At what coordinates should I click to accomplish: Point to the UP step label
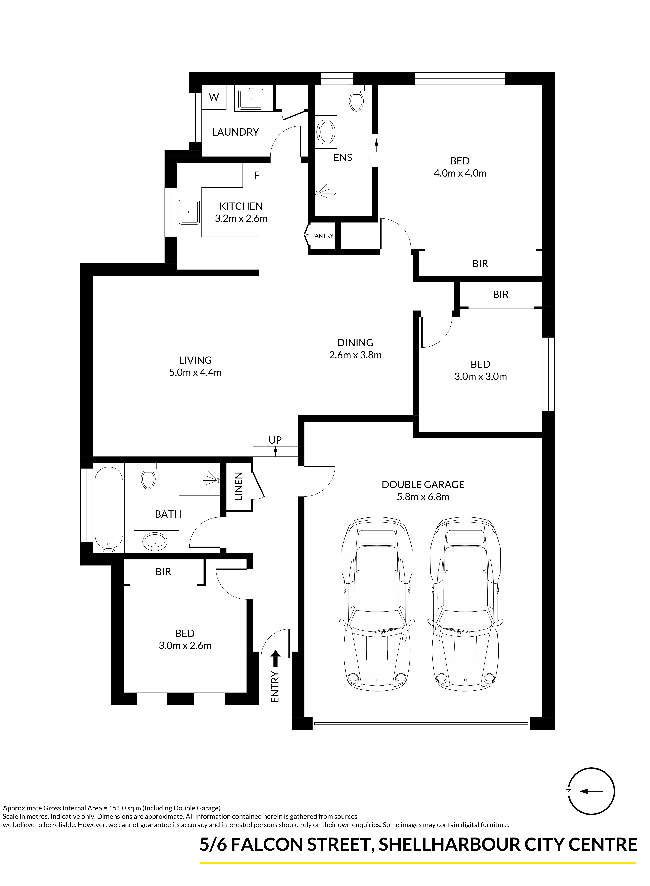tap(275, 440)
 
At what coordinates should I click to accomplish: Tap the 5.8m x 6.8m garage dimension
tap(423, 497)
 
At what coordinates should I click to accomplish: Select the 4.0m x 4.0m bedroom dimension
tap(460, 173)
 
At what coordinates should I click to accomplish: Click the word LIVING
tap(195, 360)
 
